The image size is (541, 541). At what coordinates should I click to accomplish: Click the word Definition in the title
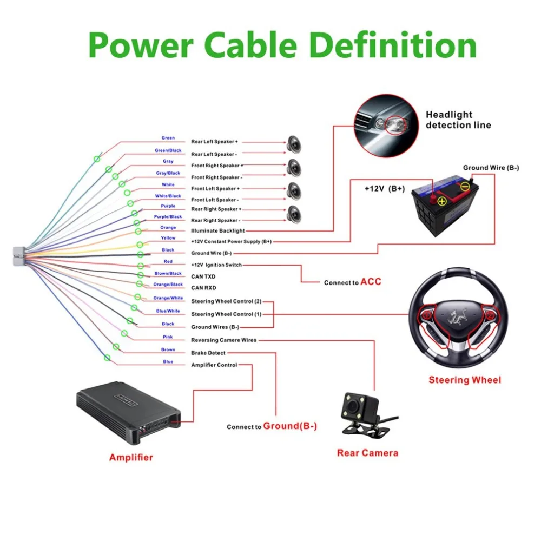click(393, 45)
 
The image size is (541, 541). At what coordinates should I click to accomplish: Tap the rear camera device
click(367, 413)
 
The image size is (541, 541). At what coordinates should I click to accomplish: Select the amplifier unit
click(128, 412)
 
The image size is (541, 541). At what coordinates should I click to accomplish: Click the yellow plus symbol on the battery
click(442, 201)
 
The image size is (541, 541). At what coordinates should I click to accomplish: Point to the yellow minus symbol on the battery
click(465, 187)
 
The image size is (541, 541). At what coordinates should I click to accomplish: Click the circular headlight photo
click(386, 126)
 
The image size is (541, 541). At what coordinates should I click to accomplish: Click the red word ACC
click(371, 282)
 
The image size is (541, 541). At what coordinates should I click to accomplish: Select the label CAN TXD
click(203, 276)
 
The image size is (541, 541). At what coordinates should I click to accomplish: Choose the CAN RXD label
click(203, 288)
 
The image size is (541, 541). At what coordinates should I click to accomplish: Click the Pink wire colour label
click(168, 337)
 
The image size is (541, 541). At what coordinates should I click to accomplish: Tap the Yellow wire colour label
click(168, 237)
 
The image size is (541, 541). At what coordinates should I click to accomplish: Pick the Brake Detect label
click(208, 353)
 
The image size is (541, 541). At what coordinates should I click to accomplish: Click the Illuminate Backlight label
click(217, 230)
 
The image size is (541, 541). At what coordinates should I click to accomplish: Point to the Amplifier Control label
click(214, 365)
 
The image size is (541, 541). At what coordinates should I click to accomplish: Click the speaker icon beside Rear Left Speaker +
click(294, 144)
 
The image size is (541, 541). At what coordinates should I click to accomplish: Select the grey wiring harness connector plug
click(19, 256)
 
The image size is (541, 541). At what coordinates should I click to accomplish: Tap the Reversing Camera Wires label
click(223, 340)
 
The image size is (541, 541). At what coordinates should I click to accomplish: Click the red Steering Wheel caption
click(465, 380)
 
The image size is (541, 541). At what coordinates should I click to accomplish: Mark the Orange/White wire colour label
click(168, 298)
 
